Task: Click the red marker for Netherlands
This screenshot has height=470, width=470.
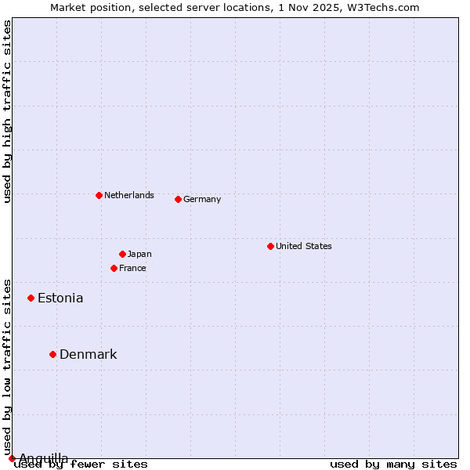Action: click(99, 195)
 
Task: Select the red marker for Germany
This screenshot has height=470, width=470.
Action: click(178, 199)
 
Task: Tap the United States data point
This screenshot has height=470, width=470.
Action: click(270, 246)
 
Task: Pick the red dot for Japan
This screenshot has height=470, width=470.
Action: click(122, 254)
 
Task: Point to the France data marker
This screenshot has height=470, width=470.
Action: click(114, 268)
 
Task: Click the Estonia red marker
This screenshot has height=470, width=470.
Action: click(31, 298)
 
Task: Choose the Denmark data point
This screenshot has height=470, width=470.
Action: click(52, 354)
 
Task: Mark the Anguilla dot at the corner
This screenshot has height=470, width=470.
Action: click(12, 458)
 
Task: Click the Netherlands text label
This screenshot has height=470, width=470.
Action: click(129, 195)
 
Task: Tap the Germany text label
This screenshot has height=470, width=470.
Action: click(202, 199)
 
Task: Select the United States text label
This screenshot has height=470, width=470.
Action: click(304, 246)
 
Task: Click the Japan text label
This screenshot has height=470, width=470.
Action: click(139, 254)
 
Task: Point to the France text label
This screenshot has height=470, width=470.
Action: click(132, 268)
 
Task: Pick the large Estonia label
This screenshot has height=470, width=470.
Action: click(60, 298)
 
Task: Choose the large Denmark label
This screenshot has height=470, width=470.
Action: click(89, 354)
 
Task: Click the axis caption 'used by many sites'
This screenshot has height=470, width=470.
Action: click(393, 464)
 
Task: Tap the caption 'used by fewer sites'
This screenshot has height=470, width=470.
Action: click(81, 464)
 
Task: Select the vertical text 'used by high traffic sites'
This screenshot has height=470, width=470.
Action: click(7, 111)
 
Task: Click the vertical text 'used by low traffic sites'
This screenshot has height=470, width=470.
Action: click(7, 367)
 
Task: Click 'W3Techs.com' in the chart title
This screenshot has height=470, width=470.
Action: click(385, 7)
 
